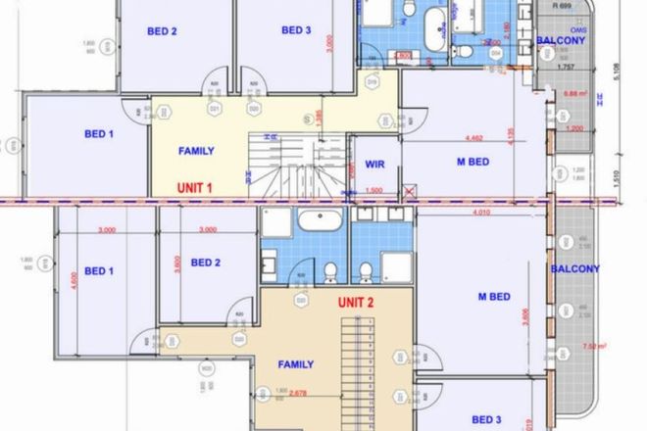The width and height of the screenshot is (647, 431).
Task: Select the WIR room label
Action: (373, 165)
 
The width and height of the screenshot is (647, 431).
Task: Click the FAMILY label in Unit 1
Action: (196, 151)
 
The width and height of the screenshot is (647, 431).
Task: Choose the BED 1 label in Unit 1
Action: (99, 133)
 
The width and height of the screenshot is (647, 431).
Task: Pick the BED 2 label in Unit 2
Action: (205, 262)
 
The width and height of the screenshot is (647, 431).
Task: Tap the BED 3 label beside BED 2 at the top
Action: (296, 30)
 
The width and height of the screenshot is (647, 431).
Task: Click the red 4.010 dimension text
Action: (481, 212)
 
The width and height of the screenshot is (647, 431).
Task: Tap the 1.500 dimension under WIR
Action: (373, 190)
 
